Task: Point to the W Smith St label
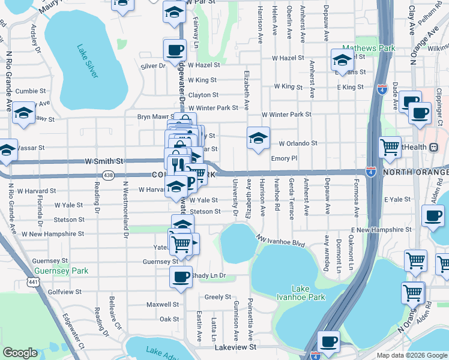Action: (x=104, y=161)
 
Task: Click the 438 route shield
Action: (x=108, y=175)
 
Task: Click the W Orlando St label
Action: (x=298, y=143)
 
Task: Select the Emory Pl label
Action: (x=284, y=158)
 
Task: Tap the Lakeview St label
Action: (x=235, y=347)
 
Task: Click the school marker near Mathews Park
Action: (x=342, y=59)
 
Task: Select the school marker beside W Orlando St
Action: (x=258, y=138)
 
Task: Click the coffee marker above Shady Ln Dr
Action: (x=181, y=277)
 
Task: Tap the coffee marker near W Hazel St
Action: (x=174, y=50)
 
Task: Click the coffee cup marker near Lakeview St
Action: (x=328, y=341)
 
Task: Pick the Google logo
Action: (x=20, y=352)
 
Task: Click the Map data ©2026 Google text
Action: (x=412, y=355)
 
